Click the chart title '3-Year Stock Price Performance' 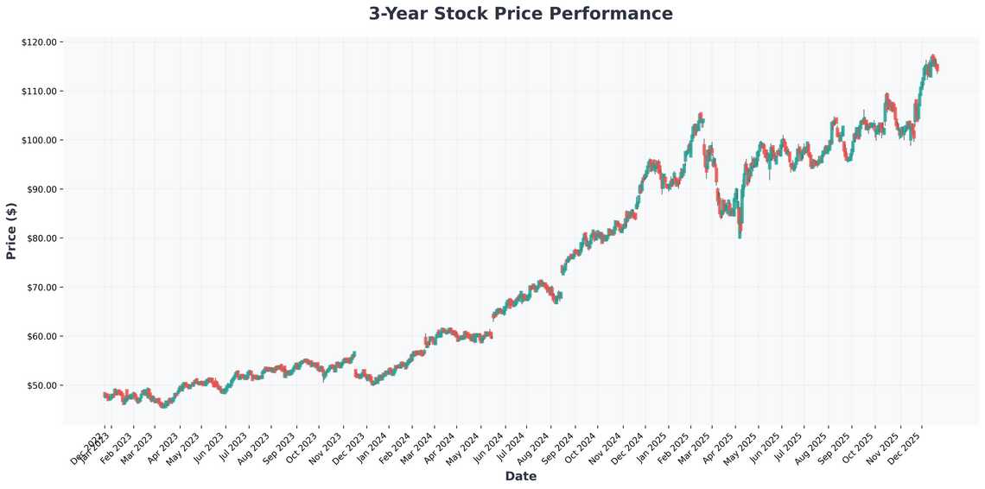click(x=520, y=14)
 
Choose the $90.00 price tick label click(x=40, y=189)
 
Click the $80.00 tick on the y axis click(x=40, y=238)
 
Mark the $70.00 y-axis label click(x=40, y=287)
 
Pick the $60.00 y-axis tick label click(x=40, y=336)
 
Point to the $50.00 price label click(x=40, y=385)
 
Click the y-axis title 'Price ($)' click(x=11, y=232)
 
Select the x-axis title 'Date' click(x=520, y=476)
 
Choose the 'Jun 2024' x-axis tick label click(x=491, y=445)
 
